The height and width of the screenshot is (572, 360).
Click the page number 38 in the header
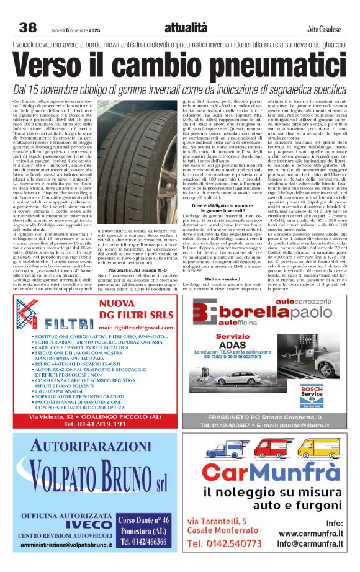[28, 28]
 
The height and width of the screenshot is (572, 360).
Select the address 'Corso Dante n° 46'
[143, 520]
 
